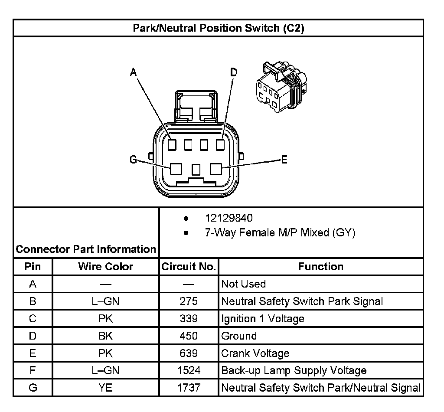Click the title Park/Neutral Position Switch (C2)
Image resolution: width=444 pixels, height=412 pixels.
pyautogui.click(x=218, y=28)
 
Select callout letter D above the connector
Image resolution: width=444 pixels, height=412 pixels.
pyautogui.click(x=234, y=72)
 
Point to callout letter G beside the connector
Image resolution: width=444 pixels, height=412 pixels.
pyautogui.click(x=134, y=160)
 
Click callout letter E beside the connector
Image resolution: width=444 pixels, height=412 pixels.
pyautogui.click(x=284, y=160)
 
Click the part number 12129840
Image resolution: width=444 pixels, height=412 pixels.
pyautogui.click(x=229, y=218)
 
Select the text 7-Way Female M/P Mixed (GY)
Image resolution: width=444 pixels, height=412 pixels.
pyautogui.click(x=280, y=233)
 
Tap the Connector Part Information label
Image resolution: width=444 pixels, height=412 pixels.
pyautogui.click(x=86, y=249)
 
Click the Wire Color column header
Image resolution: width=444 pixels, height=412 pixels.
pyautogui.click(x=105, y=267)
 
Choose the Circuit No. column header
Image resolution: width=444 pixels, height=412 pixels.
pyautogui.click(x=189, y=267)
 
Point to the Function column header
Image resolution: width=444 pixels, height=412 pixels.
pyautogui.click(x=320, y=267)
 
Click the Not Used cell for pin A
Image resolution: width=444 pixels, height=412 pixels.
pyautogui.click(x=243, y=284)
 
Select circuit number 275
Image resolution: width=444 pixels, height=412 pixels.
pyautogui.click(x=189, y=301)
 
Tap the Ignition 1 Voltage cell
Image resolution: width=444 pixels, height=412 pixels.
pyautogui.click(x=263, y=319)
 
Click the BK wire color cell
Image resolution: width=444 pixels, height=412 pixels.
pyautogui.click(x=105, y=336)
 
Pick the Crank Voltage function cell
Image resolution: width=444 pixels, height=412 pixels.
pyautogui.click(x=255, y=353)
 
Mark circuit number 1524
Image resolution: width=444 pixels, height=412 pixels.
pyautogui.click(x=189, y=371)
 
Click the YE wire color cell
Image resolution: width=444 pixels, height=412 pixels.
pyautogui.click(x=105, y=388)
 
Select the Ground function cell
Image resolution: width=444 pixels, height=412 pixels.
pyautogui.click(x=239, y=336)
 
